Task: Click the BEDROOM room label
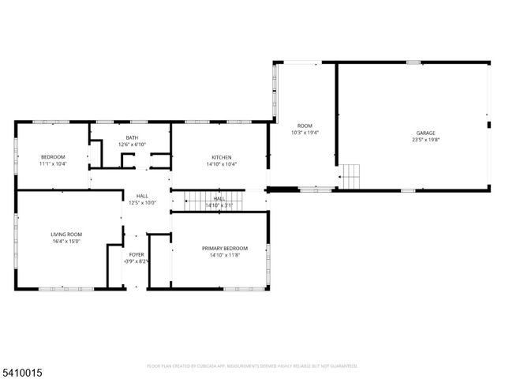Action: (53, 157)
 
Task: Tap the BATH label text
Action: (132, 138)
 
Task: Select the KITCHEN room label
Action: (221, 157)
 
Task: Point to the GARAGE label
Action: (426, 133)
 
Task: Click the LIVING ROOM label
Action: (67, 235)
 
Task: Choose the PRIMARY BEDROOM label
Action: (224, 248)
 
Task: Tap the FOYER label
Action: (137, 254)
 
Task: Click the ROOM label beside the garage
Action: (305, 126)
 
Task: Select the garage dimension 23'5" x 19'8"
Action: (426, 140)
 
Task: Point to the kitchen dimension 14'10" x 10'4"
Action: (221, 164)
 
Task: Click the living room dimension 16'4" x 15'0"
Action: (67, 242)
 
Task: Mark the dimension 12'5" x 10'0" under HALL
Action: (142, 203)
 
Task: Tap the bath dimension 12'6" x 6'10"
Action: (132, 144)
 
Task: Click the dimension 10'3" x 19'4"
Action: (305, 133)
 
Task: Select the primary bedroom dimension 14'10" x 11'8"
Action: (224, 255)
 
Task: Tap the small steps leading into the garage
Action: (350, 175)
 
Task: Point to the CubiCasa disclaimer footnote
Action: (252, 366)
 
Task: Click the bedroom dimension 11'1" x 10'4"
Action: (53, 164)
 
